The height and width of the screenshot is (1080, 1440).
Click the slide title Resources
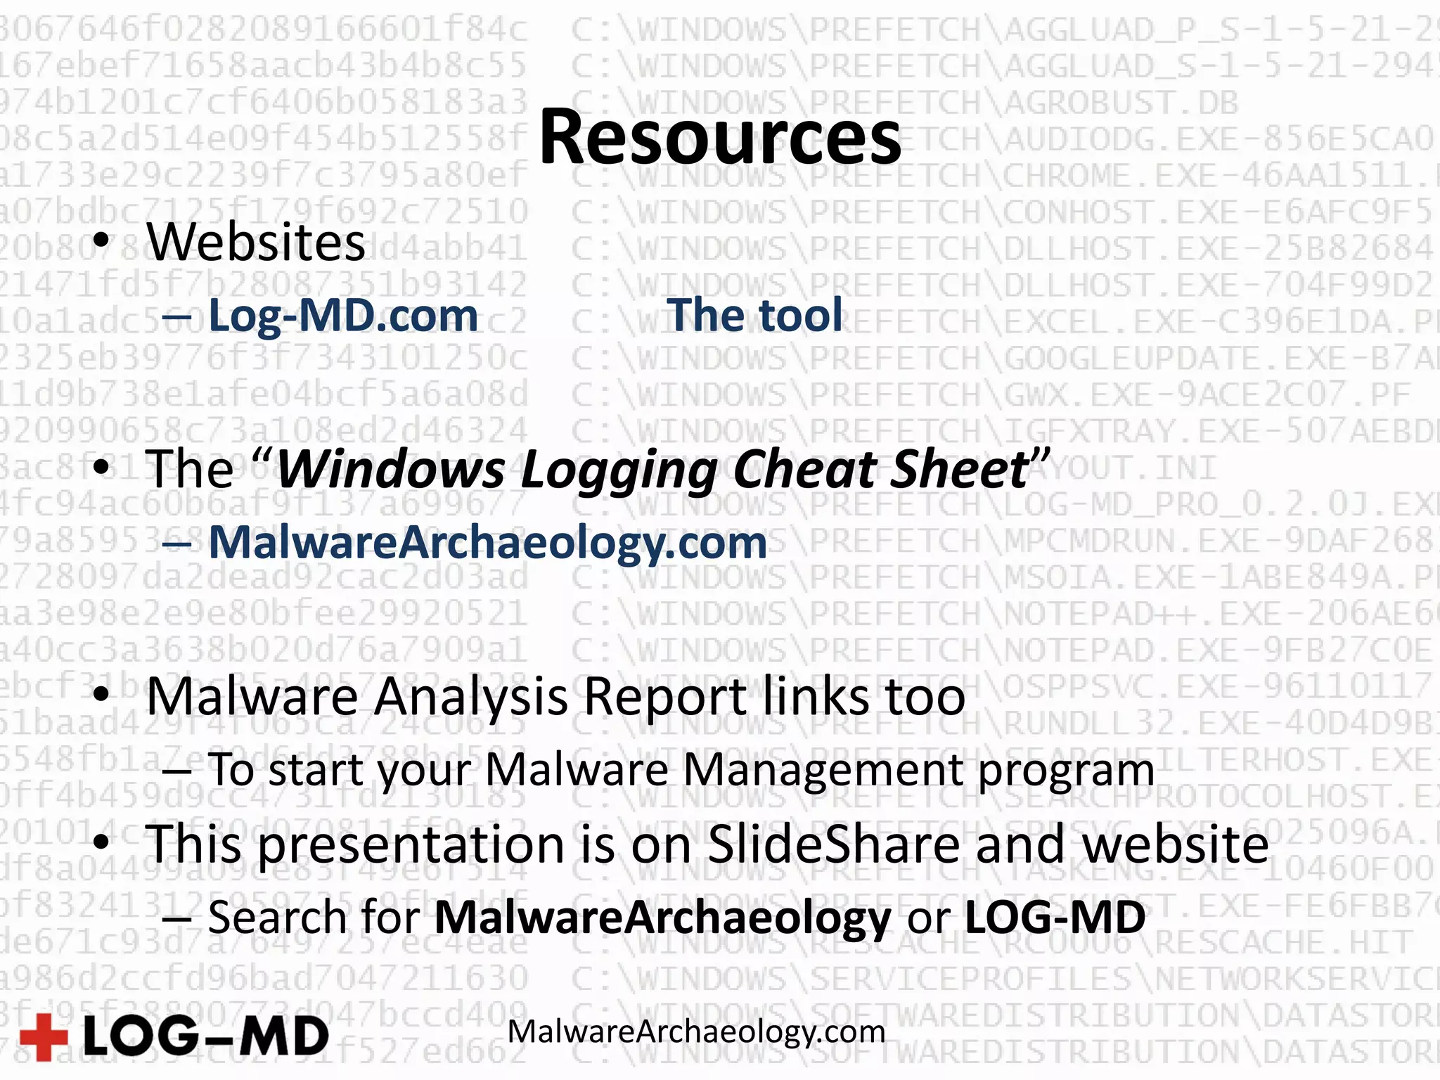tap(719, 137)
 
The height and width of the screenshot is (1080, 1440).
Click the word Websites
tap(256, 243)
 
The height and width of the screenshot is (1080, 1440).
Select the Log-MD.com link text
tap(343, 315)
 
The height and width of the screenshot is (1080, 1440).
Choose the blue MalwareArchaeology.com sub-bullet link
tap(487, 543)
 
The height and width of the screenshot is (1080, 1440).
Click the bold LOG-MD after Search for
tap(1055, 918)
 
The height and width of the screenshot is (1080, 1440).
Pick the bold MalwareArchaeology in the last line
tap(663, 918)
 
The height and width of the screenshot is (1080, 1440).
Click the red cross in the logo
tap(44, 1036)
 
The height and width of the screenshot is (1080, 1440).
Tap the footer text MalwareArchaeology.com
tap(696, 1032)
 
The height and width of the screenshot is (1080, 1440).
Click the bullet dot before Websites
tap(102, 241)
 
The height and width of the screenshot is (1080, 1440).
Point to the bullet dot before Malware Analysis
tap(102, 695)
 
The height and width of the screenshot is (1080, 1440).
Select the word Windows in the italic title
tap(391, 469)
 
